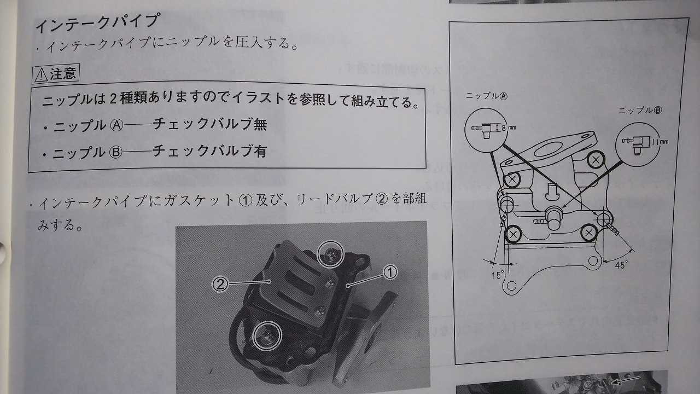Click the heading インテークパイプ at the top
(97, 22)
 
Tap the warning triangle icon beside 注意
(41, 75)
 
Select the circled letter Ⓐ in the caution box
(116, 126)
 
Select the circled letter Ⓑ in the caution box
(116, 153)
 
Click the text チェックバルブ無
(209, 124)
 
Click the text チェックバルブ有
(209, 151)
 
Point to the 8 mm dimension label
(509, 128)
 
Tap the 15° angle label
(498, 275)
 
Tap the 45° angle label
(621, 265)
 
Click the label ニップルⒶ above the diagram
(486, 96)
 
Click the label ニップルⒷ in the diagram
(640, 110)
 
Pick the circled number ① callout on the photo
(390, 273)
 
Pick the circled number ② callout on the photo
(220, 284)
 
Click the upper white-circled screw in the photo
(330, 255)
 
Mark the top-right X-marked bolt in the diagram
(596, 160)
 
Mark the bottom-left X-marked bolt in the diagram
(513, 234)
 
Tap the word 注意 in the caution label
(63, 74)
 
